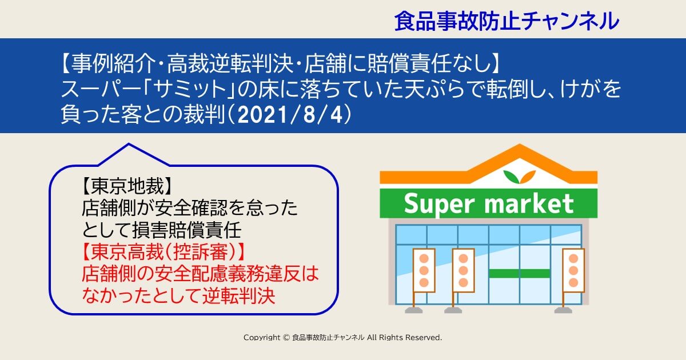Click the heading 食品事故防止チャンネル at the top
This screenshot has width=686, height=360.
(506, 21)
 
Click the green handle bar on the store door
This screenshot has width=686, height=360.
(519, 273)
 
